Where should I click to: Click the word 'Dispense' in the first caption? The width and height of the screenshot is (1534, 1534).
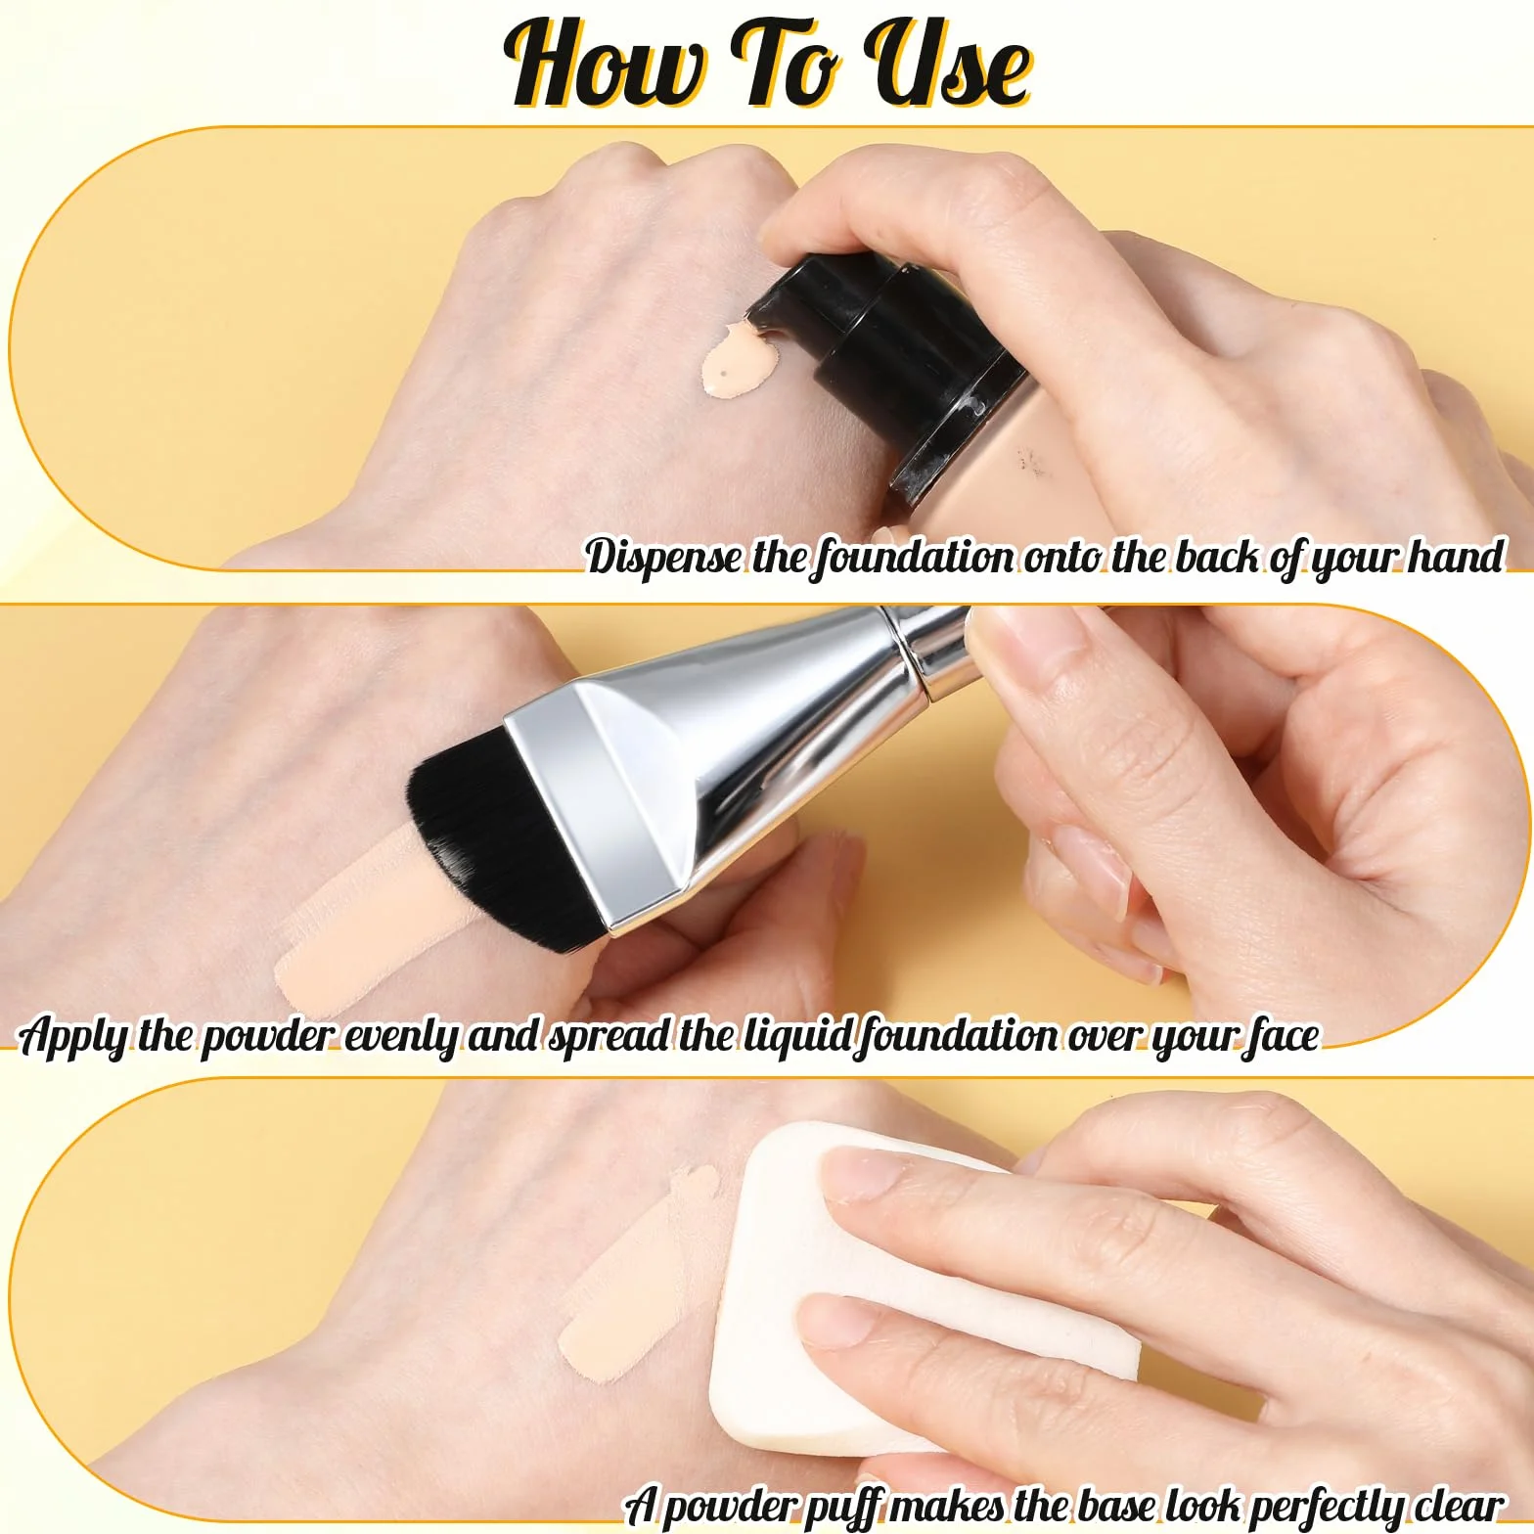point(664,557)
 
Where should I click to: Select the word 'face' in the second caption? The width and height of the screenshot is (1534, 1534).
point(1283,1036)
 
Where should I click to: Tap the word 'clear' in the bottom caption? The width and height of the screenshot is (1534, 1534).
point(1458,1505)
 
